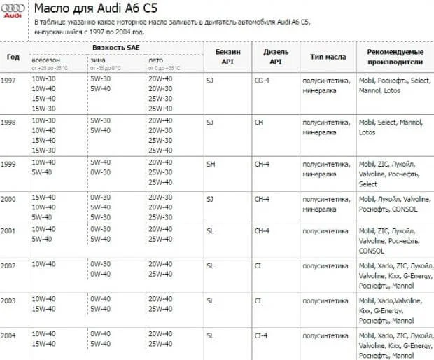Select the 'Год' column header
click(x=13, y=57)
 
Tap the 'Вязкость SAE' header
click(x=115, y=46)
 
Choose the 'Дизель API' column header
click(x=276, y=57)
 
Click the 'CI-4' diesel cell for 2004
click(x=261, y=335)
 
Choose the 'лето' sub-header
click(x=155, y=60)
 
